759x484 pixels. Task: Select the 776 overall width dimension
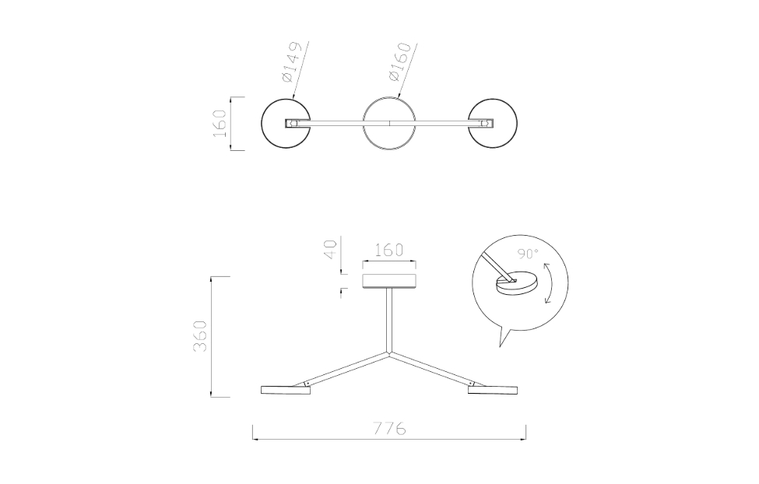coord(389,429)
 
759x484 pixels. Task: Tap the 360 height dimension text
coord(200,335)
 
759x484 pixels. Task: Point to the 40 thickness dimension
coord(331,251)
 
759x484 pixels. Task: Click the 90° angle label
coord(529,254)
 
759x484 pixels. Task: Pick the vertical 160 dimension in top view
coord(220,123)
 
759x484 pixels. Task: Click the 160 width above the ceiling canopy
coord(389,251)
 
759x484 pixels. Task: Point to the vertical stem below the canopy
coord(389,319)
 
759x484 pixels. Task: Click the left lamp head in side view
coord(285,389)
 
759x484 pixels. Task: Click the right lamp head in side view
coord(494,389)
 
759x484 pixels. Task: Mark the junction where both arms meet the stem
coord(389,352)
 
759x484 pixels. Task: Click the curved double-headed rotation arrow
coord(550,283)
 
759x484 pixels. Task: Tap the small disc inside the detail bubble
coord(515,284)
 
